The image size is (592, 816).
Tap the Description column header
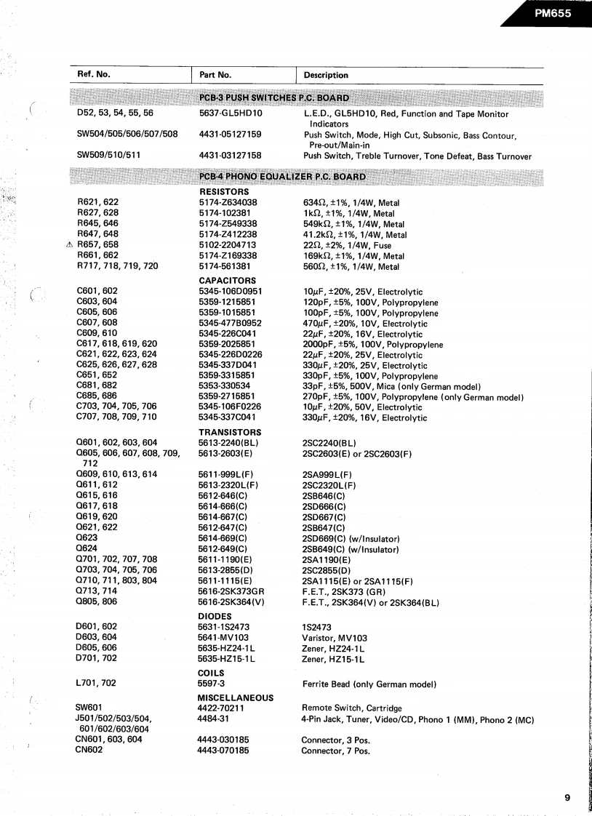coord(326,75)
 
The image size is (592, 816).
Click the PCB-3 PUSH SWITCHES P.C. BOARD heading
coord(273,97)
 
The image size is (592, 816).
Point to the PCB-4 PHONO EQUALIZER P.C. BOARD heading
coord(282,177)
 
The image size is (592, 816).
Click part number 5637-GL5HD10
coord(230,114)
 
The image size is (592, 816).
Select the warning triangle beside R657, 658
coord(69,245)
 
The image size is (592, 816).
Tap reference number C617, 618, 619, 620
coord(116,344)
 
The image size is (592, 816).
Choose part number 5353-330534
coord(224,386)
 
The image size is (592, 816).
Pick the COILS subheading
coord(210,673)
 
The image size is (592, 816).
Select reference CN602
coord(90,751)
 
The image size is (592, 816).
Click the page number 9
coord(567,798)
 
